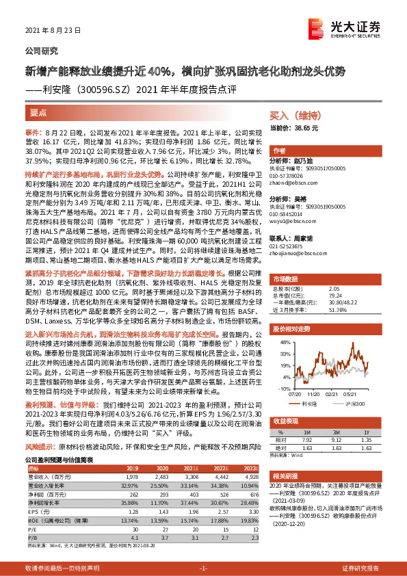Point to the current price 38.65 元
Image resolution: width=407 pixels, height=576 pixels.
point(294,128)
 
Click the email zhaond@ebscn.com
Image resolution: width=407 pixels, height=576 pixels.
point(293,181)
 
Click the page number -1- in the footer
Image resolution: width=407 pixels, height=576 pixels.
point(203,568)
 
